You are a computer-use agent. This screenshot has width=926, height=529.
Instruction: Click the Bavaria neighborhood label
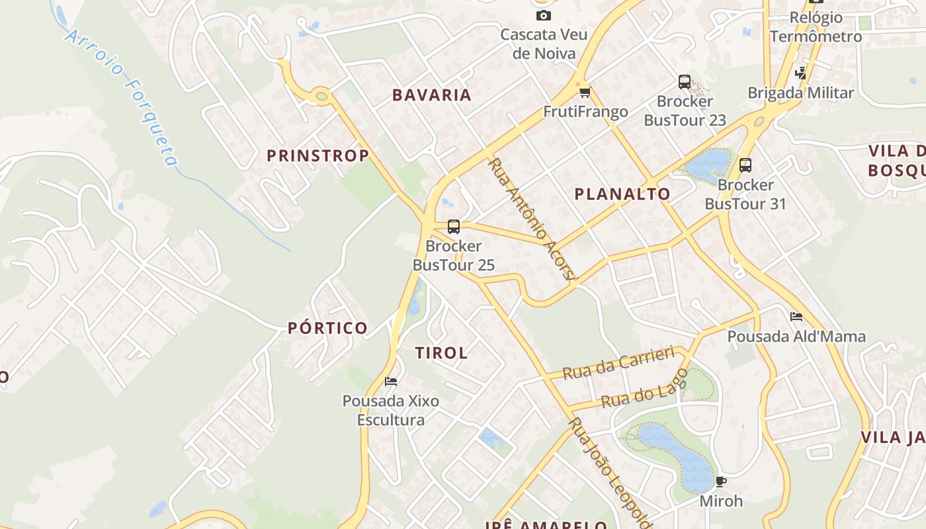[x=432, y=95]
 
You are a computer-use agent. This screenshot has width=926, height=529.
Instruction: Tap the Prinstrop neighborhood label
[x=317, y=156]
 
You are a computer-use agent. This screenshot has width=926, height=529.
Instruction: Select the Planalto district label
[x=622, y=194]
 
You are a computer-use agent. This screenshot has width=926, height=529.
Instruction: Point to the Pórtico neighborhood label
[x=327, y=328]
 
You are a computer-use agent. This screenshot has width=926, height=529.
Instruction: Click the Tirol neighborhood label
[x=442, y=353]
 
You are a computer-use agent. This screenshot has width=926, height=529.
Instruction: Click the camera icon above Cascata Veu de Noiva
[x=544, y=15]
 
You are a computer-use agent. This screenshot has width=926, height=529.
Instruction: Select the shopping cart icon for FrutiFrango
[x=584, y=92]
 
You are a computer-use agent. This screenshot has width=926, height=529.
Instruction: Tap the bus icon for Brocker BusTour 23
[x=685, y=82]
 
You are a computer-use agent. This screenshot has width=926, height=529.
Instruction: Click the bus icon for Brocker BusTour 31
[x=745, y=165]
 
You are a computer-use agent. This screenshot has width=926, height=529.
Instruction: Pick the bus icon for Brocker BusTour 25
[x=454, y=227]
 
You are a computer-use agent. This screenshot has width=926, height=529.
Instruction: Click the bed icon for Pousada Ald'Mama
[x=796, y=317]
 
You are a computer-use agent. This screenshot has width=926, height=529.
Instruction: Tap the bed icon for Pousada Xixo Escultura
[x=391, y=382]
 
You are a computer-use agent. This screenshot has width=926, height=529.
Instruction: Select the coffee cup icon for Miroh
[x=721, y=481]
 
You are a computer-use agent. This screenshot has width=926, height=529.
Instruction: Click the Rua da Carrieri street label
[x=618, y=363]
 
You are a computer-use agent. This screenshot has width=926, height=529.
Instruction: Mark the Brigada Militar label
[x=801, y=93]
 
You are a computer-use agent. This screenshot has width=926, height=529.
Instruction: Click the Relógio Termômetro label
[x=816, y=27]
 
